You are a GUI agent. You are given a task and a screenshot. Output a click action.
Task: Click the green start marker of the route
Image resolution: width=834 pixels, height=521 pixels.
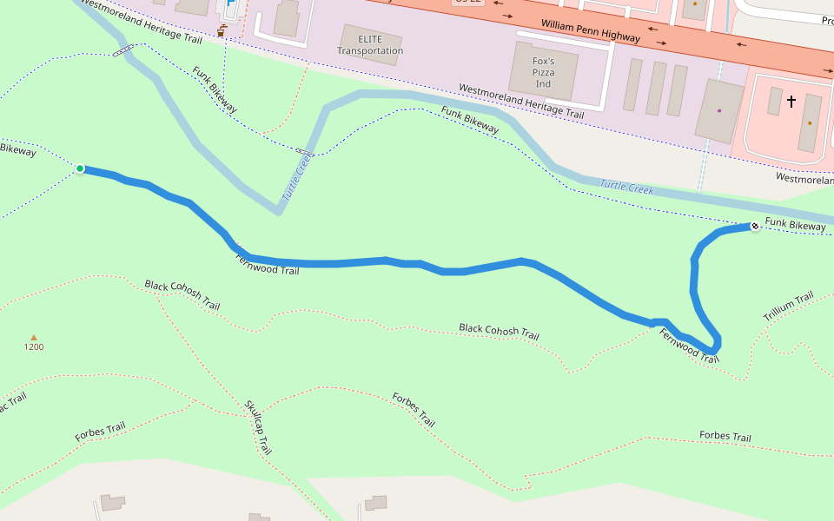point(80,168)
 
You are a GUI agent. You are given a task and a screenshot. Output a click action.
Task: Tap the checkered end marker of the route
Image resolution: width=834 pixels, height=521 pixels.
point(755,227)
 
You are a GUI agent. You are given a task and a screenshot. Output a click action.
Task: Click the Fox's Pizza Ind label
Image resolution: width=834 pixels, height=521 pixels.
point(543,73)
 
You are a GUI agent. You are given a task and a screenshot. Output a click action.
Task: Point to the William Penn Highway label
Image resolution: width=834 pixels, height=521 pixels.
point(590,31)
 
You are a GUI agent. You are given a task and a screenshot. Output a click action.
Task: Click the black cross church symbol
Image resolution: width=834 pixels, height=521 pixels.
point(791,102)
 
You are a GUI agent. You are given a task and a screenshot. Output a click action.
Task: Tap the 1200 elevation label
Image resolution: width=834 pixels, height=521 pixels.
point(34,347)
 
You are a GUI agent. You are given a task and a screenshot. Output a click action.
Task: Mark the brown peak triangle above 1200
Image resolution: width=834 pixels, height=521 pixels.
point(34,337)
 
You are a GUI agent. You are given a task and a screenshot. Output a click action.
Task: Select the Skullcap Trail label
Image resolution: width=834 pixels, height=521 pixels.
point(258,427)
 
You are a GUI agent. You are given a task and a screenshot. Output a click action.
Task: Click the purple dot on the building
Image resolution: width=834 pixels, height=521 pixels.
point(719,110)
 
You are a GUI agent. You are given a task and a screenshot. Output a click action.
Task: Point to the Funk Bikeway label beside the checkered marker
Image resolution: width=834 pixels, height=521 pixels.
point(795,226)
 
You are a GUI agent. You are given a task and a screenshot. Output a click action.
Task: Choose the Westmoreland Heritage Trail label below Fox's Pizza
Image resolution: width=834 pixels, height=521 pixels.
point(521,102)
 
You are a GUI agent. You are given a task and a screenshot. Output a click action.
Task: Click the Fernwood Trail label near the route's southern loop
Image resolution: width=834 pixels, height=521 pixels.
point(689,346)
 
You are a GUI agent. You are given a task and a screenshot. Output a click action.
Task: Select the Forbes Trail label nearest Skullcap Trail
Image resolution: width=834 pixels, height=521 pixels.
point(414,410)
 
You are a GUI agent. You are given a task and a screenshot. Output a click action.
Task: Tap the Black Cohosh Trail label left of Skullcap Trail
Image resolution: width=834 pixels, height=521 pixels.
point(182,295)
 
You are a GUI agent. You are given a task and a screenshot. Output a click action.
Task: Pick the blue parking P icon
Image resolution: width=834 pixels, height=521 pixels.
point(229,4)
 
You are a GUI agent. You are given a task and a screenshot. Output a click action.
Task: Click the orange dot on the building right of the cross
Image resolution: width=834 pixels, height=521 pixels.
point(811,123)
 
